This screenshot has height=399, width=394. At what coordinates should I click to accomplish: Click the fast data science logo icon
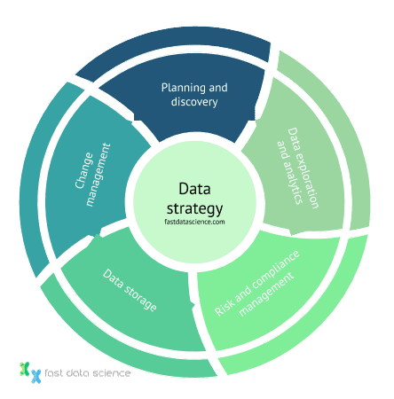29,371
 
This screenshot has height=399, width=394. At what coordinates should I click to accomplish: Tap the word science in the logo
109,373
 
